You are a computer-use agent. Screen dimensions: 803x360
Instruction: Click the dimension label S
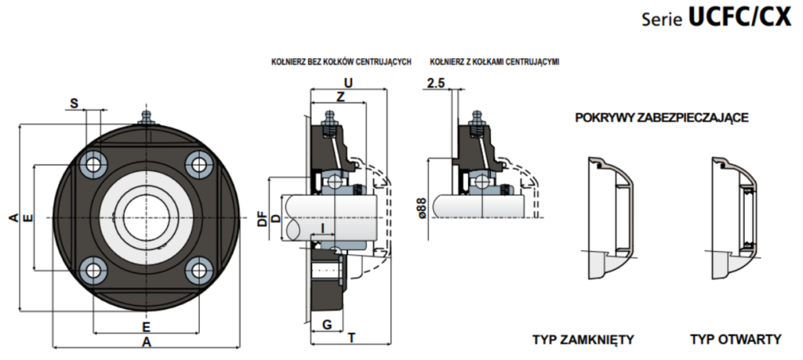pos(74,104)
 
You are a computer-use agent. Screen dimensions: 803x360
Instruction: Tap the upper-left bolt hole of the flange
pos(94,165)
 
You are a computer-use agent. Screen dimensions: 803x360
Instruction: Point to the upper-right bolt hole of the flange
pos(198,165)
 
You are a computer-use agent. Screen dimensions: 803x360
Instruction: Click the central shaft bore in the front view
pos(146,217)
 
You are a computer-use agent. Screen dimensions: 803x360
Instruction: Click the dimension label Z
pos(340,96)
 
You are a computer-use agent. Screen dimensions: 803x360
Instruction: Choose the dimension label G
pos(327,324)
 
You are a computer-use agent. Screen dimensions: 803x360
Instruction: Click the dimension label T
pos(351,337)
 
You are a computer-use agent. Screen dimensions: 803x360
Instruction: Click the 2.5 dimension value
pos(436,83)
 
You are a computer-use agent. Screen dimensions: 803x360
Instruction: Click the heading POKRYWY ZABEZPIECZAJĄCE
pos(662,118)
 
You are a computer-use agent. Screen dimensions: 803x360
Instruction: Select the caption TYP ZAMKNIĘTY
pos(583,340)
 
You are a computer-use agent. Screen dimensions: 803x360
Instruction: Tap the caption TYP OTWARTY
pos(736,340)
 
